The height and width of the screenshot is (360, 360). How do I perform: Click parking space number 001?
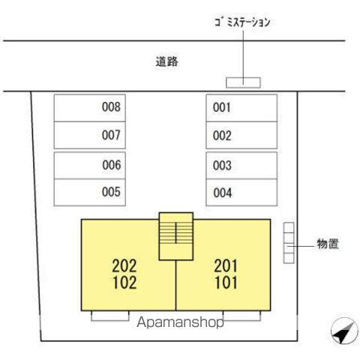pyautogui.click(x=241, y=108)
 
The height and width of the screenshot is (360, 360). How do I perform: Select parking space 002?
pyautogui.click(x=241, y=135)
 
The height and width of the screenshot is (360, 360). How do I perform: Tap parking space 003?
pyautogui.click(x=241, y=165)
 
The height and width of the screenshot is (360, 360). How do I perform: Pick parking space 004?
pyautogui.click(x=241, y=193)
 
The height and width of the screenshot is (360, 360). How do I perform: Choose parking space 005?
pyautogui.click(x=90, y=193)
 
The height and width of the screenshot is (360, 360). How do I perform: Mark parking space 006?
pyautogui.click(x=90, y=165)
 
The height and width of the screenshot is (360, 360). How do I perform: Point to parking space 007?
pyautogui.click(x=90, y=135)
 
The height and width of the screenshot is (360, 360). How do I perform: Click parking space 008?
pyautogui.click(x=90, y=108)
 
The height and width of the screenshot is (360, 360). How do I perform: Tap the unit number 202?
pyautogui.click(x=124, y=265)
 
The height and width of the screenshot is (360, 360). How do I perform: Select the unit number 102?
pyautogui.click(x=124, y=283)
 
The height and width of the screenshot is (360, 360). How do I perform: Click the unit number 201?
pyautogui.click(x=226, y=265)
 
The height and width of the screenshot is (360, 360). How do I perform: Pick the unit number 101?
pyautogui.click(x=226, y=283)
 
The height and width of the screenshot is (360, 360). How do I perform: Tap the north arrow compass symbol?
pyautogui.click(x=344, y=331)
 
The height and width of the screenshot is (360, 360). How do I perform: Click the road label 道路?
pyautogui.click(x=166, y=61)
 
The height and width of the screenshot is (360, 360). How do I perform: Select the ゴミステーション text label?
pyautogui.click(x=242, y=22)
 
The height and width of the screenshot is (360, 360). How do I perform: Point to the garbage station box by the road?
pyautogui.click(x=243, y=82)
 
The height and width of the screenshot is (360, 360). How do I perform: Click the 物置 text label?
pyautogui.click(x=328, y=244)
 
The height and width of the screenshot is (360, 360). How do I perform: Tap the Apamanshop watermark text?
pyautogui.click(x=180, y=322)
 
